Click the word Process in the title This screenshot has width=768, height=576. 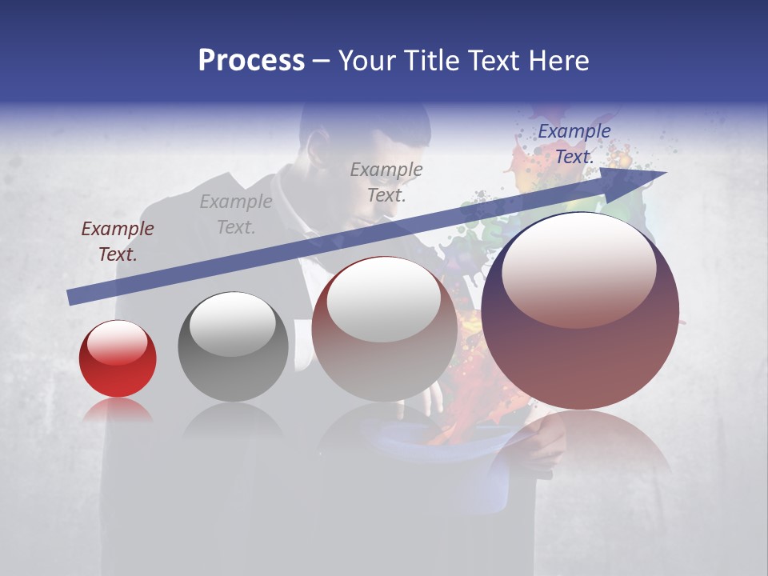pyautogui.click(x=251, y=61)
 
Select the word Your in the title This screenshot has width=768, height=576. pyautogui.click(x=367, y=61)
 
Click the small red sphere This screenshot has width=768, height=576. pyautogui.click(x=118, y=358)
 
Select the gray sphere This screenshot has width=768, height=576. pyautogui.click(x=233, y=346)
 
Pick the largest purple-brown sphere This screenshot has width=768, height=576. pyautogui.click(x=580, y=311)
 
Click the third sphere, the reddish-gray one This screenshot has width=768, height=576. pyautogui.click(x=384, y=329)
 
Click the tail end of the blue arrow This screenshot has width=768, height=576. pyautogui.click(x=72, y=297)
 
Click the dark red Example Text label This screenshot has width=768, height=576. pyautogui.click(x=118, y=242)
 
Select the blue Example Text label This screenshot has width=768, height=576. pyautogui.click(x=574, y=144)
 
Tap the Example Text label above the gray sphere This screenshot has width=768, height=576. pyautogui.click(x=236, y=214)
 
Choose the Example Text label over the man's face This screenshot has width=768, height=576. pyautogui.click(x=386, y=182)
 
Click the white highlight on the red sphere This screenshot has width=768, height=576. pyautogui.click(x=117, y=342)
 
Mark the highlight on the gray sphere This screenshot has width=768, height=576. pyautogui.click(x=232, y=322)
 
